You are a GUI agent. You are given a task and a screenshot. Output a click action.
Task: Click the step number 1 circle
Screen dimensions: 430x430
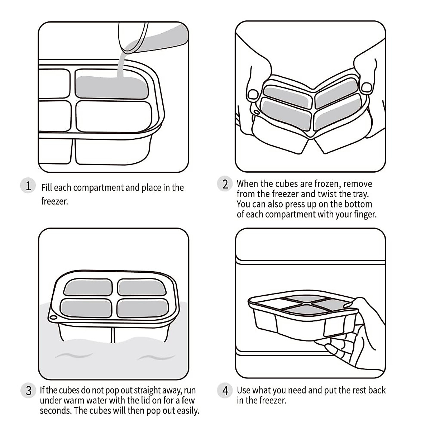(x=28, y=186)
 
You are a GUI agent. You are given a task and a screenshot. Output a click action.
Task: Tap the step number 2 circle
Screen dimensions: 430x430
(x=225, y=184)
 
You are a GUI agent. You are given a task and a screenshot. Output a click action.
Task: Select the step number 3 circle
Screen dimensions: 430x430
(x=29, y=390)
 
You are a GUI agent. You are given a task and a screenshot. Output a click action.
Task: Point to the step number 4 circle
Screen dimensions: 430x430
(x=225, y=390)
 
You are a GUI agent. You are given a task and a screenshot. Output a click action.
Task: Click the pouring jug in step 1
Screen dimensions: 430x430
(x=150, y=36)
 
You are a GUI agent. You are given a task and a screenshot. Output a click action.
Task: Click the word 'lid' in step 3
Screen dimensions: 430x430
(x=144, y=400)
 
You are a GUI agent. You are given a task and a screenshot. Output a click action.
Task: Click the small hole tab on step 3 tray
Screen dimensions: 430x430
(x=53, y=317)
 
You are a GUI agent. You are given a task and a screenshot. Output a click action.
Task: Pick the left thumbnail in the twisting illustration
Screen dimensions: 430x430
(x=253, y=94)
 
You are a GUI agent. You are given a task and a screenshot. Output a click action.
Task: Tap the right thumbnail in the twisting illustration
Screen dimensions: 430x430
(x=366, y=87)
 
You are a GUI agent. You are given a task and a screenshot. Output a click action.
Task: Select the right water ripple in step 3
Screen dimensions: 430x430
(x=156, y=357)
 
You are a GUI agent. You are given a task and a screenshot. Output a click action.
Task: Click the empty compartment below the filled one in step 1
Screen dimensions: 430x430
(x=114, y=116)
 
